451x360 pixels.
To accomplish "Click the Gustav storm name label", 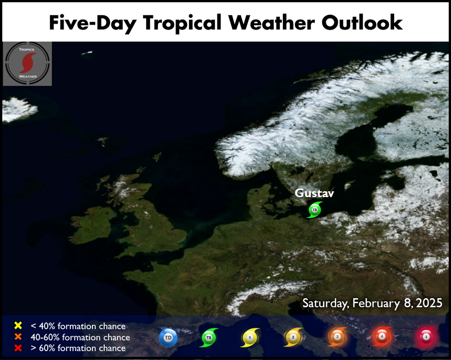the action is click(314, 193).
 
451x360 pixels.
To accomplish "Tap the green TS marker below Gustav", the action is click(314, 210).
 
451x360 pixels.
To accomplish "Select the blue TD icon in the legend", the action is click(168, 337).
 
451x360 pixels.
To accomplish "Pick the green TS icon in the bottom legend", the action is click(208, 337).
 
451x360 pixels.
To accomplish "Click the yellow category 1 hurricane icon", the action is click(250, 337).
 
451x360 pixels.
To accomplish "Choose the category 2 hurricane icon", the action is click(293, 337).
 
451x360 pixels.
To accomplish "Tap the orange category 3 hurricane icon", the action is click(337, 337).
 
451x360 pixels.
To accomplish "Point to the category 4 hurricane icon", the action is click(382, 336).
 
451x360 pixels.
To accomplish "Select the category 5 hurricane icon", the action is click(426, 336).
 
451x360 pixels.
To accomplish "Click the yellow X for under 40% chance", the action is click(18, 325).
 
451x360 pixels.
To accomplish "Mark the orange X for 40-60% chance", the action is click(18, 337).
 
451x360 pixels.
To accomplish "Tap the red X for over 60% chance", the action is click(18, 348).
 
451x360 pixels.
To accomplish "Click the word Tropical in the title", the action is click(182, 23).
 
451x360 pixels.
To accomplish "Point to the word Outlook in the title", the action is click(362, 22).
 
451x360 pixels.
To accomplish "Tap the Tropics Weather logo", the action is click(28, 64).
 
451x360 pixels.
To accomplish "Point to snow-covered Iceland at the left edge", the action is click(19, 109).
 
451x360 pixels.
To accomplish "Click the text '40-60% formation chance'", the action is click(80, 337).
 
